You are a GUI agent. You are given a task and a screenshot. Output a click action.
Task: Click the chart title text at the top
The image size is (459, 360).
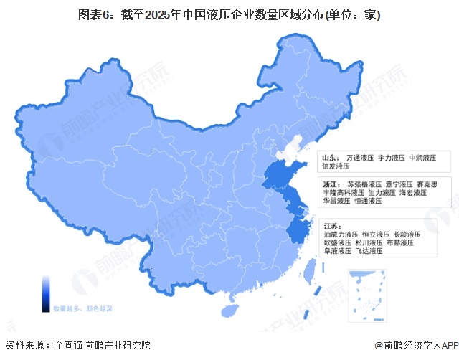(x=229, y=15)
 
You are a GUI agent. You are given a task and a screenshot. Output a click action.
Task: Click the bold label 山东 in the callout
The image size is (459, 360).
(x=329, y=157)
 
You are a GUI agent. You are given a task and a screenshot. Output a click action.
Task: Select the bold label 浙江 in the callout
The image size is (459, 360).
(x=329, y=184)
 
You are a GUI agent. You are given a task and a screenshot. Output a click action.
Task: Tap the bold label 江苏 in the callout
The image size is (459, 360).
(x=329, y=225)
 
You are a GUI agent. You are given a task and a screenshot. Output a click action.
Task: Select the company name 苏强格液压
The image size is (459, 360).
(x=363, y=184)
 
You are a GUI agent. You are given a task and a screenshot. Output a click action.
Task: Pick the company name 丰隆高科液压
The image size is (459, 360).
(x=341, y=193)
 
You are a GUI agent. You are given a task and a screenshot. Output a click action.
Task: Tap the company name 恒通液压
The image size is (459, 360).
(x=370, y=202)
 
